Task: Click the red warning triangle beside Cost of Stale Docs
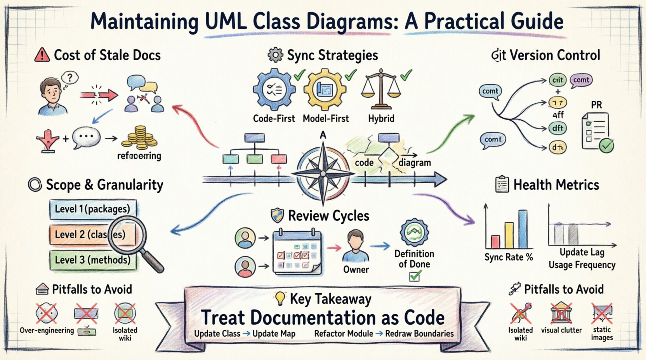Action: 42,55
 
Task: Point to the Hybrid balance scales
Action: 381,90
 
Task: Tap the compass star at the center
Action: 323,174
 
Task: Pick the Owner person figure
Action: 356,246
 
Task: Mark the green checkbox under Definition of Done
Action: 415,276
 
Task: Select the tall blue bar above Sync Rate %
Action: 523,229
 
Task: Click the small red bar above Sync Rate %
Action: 495,242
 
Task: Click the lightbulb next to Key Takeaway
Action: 280,298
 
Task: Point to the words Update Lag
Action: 582,253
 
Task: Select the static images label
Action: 601,334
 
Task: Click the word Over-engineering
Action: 47,331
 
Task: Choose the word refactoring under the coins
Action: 139,156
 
